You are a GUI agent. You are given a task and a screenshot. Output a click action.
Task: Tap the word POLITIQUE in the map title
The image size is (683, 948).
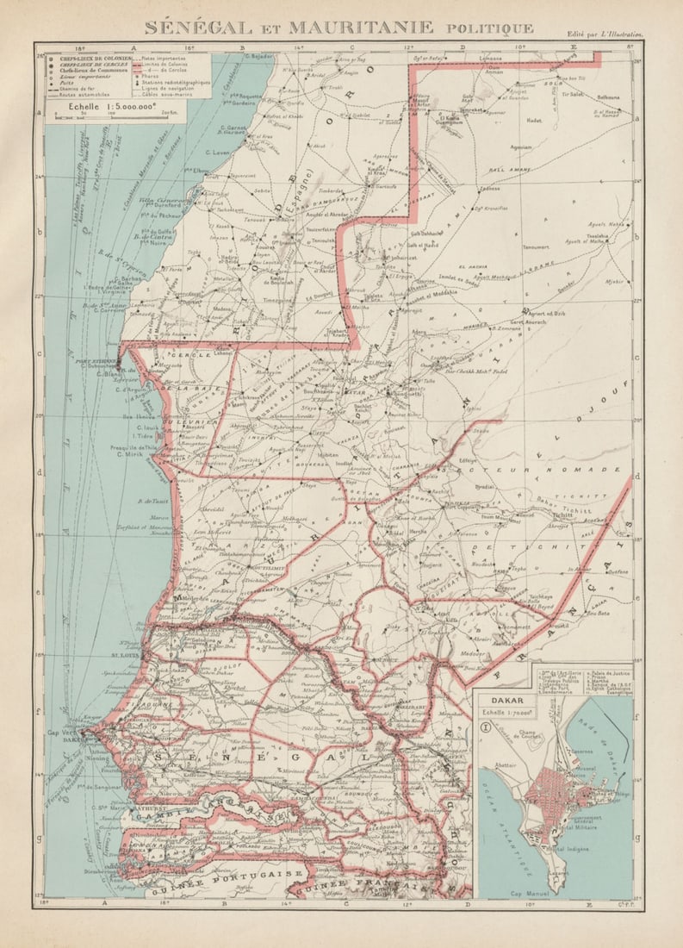click(x=489, y=28)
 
